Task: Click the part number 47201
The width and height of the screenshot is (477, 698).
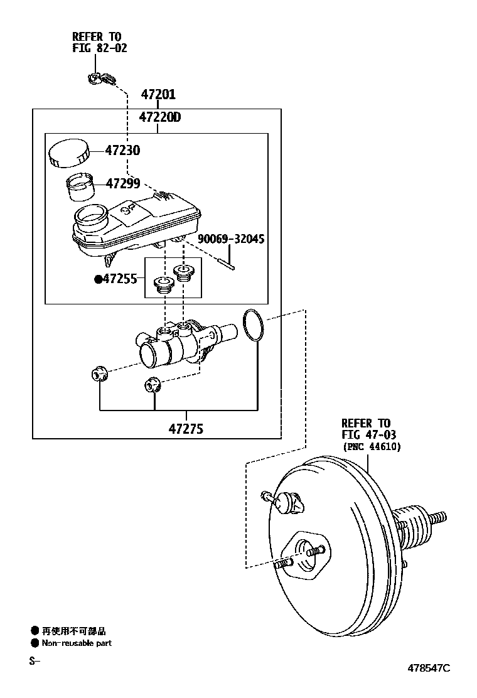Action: [x=158, y=95]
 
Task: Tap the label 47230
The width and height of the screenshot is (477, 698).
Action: [x=122, y=151]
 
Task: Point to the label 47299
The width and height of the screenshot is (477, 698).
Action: [x=122, y=184]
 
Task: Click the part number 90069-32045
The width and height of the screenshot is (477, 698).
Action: [x=231, y=239]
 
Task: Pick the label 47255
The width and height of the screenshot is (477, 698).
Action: [x=119, y=279]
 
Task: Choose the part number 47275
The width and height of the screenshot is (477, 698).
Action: [x=186, y=429]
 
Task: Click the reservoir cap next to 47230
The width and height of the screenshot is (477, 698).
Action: [x=68, y=153]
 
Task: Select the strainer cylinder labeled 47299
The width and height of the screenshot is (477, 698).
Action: [x=80, y=186]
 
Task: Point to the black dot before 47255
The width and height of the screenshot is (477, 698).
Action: [x=98, y=279]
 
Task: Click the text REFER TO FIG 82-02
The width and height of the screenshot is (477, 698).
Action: [x=99, y=43]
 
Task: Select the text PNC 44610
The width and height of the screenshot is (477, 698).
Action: [x=371, y=446]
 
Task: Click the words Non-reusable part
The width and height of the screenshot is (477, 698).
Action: [x=77, y=643]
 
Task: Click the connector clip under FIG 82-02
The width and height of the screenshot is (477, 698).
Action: [x=100, y=79]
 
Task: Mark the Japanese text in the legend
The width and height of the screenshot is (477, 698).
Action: [x=73, y=631]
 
